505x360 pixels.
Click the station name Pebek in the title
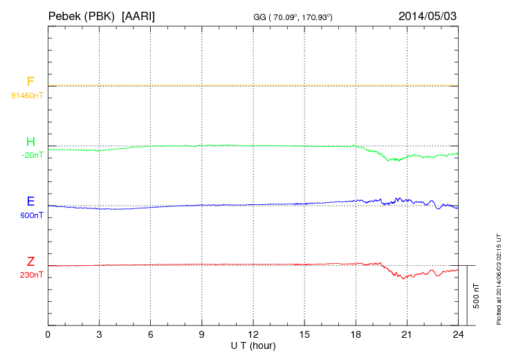tap(66, 15)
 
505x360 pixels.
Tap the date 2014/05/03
tap(428, 15)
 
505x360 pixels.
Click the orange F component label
tap(30, 82)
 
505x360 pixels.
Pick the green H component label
tap(30, 142)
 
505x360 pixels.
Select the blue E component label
tap(30, 201)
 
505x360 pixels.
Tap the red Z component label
tap(30, 262)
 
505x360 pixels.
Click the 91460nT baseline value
tap(27, 95)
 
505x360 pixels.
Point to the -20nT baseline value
tap(32, 155)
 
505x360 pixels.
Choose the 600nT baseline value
tap(32, 215)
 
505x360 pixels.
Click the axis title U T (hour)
tap(253, 345)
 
